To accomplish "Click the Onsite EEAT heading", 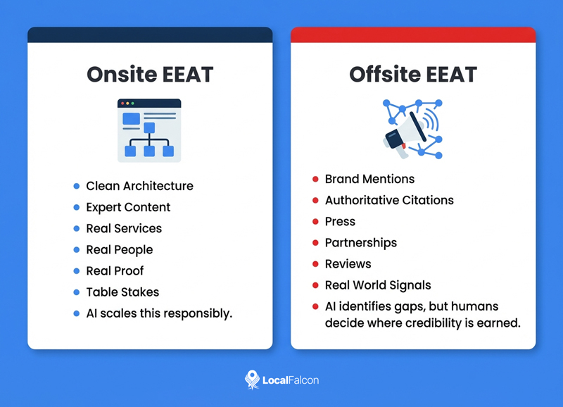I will pos(149,75).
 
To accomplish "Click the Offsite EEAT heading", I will pos(413,75).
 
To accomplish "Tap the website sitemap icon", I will pos(149,130).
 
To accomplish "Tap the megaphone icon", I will pos(412,130).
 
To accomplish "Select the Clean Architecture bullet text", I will pos(139,186).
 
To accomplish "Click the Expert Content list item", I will pos(128,207).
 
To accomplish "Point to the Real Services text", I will pos(124,228).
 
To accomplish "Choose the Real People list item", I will pos(119,249).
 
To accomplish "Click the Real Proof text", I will pos(115,270).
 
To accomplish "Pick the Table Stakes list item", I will pos(122,292).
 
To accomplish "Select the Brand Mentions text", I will pos(369,179).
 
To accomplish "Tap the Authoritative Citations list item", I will pos(389,200).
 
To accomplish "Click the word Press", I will pos(340,221).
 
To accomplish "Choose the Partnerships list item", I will pos(360,242).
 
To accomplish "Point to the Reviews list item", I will pos(348,263).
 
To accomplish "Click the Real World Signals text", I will pos(377,285).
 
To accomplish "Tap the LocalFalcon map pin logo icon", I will pos(251,380).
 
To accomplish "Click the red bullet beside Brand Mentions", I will pos(315,179).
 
